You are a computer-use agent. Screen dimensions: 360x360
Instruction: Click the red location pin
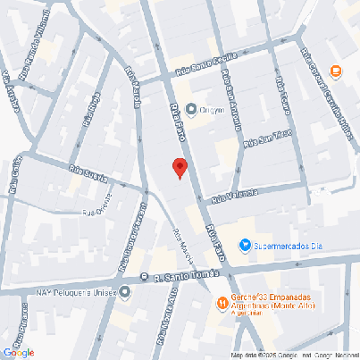pyautogui.click(x=180, y=167)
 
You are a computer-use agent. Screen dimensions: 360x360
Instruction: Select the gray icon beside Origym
pyautogui.click(x=190, y=109)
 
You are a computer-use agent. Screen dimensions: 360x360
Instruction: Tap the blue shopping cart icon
pyautogui.click(x=245, y=246)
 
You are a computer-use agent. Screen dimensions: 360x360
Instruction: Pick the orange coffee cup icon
pyautogui.click(x=336, y=72)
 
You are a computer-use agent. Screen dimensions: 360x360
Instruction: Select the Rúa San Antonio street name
pyautogui.click(x=231, y=99)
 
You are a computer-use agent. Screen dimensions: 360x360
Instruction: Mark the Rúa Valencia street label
pyautogui.click(x=237, y=195)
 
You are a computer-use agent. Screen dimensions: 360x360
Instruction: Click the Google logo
pyautogui.click(x=19, y=352)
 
